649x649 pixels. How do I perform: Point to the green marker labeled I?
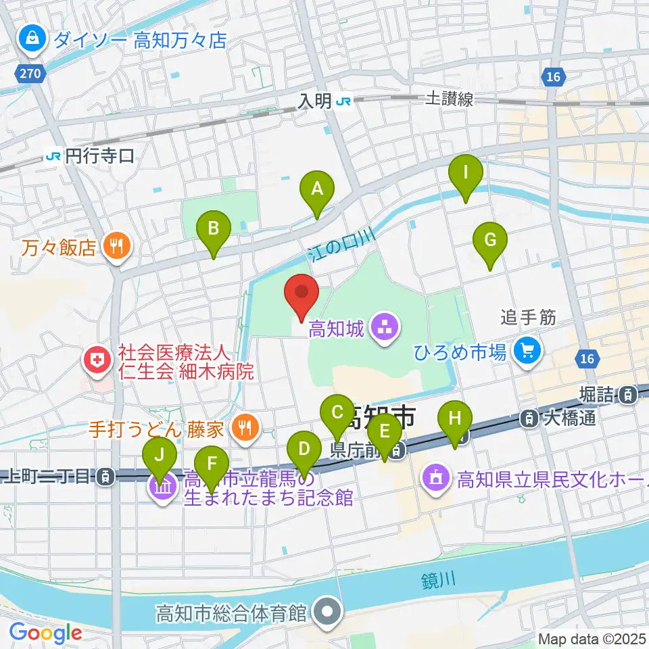pos(466,177)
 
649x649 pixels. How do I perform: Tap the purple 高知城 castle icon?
pos(385,329)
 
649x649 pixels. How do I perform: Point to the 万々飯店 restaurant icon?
pos(116,247)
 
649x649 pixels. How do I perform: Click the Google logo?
pos(45,633)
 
